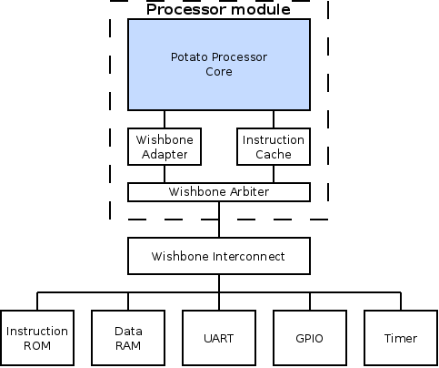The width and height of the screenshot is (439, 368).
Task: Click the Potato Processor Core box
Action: (x=219, y=65)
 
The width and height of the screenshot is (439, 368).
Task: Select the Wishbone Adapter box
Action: (x=165, y=147)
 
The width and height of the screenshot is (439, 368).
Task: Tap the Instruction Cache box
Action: (x=274, y=147)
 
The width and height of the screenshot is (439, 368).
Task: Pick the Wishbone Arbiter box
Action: (x=219, y=192)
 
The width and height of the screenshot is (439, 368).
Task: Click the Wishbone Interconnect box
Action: (x=219, y=256)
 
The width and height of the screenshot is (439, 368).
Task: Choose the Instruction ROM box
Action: (x=37, y=338)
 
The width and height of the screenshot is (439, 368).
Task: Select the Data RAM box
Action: (x=128, y=338)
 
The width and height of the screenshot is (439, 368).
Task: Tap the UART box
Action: (x=219, y=338)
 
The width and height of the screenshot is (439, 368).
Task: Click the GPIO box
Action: (x=310, y=338)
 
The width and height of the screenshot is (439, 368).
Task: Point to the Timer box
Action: (x=401, y=338)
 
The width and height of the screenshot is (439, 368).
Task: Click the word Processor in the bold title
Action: (x=187, y=9)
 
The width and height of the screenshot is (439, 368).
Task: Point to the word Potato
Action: (x=189, y=57)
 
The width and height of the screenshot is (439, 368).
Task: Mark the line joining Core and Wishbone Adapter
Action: (x=165, y=119)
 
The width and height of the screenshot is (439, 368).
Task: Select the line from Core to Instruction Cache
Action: (x=274, y=119)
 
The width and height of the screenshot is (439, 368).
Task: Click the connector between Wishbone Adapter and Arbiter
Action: (x=165, y=174)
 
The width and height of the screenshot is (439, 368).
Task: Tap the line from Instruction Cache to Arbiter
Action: (x=274, y=174)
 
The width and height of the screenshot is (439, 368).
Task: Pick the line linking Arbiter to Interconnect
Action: (x=219, y=220)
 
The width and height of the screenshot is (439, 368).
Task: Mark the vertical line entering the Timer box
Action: (x=401, y=302)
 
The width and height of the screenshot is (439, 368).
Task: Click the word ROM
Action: (x=37, y=346)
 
